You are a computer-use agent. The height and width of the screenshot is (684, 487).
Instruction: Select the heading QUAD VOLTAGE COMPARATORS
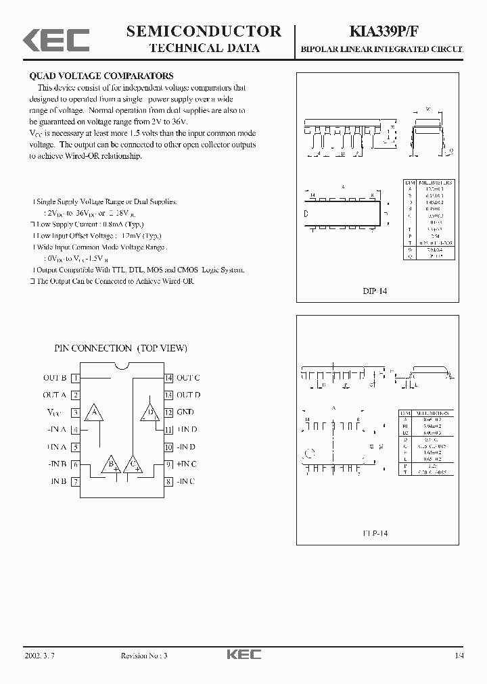pyautogui.click(x=101, y=76)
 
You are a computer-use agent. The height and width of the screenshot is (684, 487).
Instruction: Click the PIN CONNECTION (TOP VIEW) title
pyautogui.click(x=121, y=348)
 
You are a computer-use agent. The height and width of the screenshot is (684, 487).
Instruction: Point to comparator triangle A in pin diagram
pyautogui.click(x=95, y=413)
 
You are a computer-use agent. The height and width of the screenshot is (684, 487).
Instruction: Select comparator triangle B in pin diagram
pyautogui.click(x=110, y=464)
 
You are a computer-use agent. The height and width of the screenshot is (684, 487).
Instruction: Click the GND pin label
pyautogui.click(x=185, y=412)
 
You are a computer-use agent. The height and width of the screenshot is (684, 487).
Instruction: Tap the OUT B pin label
pyautogui.click(x=55, y=378)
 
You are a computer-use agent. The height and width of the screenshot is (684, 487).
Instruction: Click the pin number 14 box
pyautogui.click(x=169, y=378)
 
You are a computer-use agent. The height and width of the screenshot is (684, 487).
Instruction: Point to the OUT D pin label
pyautogui.click(x=189, y=395)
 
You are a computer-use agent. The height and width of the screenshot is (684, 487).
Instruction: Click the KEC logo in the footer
pyautogui.click(x=243, y=655)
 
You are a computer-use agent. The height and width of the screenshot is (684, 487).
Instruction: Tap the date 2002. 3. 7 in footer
pyautogui.click(x=39, y=656)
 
